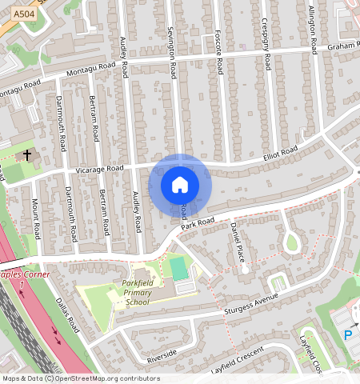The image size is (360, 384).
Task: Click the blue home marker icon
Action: point(180,185)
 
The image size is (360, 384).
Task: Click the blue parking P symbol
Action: point(348,336)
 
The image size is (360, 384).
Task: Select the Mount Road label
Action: point(36,216)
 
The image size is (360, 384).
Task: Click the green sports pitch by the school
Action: point(179,268)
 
